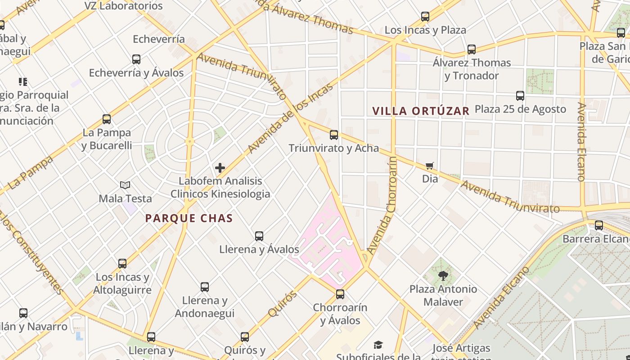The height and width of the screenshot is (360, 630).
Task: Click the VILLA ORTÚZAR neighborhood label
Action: point(421,111)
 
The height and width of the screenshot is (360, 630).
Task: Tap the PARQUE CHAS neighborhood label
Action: point(189,219)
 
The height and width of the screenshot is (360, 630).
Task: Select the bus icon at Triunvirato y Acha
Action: point(334,135)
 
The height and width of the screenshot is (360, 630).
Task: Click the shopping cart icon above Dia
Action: point(430,166)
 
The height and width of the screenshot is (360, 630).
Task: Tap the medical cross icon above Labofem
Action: point(220,168)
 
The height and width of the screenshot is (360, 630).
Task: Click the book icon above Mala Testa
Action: point(125,185)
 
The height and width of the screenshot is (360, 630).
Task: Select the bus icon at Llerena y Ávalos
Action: point(259,236)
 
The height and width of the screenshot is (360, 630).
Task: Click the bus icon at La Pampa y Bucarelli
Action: point(107,119)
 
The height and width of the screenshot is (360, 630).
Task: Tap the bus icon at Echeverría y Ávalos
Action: point(136,59)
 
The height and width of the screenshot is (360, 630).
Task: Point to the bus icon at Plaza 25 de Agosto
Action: point(520,96)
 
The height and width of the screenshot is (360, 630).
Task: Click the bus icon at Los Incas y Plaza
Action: point(425,17)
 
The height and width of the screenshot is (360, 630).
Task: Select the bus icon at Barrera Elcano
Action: point(599,225)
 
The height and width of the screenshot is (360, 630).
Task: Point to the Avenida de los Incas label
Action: point(290,118)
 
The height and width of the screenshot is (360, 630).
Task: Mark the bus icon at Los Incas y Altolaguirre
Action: point(122,264)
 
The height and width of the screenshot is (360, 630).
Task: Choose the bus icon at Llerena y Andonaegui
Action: point(205,287)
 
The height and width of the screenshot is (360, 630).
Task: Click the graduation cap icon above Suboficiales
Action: point(378,345)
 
